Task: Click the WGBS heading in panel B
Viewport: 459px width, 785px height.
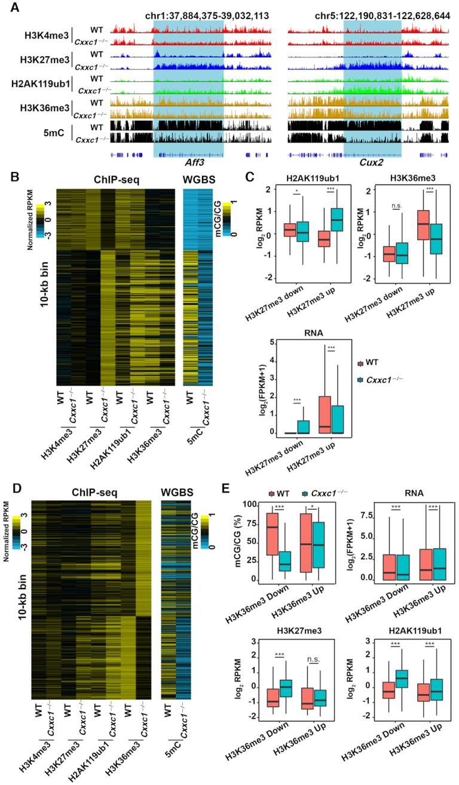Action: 197,180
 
